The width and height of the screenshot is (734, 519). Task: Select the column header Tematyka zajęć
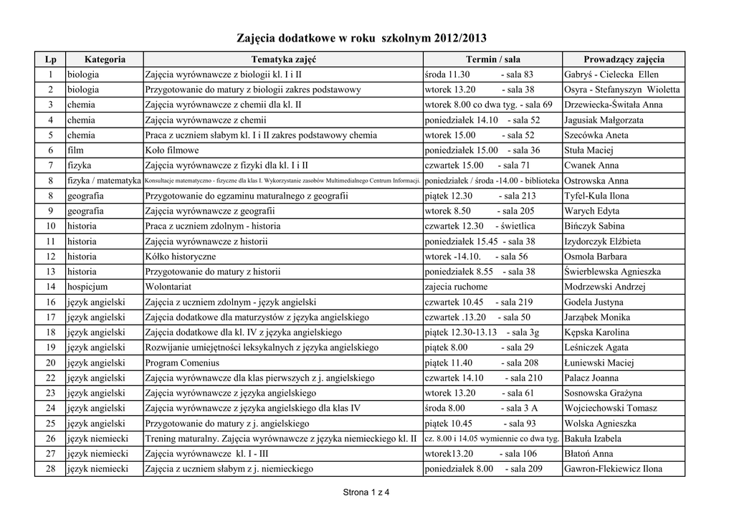[283, 59]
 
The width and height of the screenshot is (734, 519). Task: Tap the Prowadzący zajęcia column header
[624, 59]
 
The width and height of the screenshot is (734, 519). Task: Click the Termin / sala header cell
[492, 59]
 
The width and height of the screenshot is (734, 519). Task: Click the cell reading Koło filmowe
[172, 151]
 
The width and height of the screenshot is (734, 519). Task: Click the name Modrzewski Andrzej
[605, 287]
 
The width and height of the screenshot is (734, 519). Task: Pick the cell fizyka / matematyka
[104, 181]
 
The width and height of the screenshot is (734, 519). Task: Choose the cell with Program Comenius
[181, 363]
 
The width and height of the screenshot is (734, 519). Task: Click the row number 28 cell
[50, 469]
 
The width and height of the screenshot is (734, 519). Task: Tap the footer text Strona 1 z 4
[366, 492]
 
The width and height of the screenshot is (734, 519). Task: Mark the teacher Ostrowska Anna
[596, 181]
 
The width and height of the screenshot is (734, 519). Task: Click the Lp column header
[50, 59]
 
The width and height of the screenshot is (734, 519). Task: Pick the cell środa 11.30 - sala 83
[479, 75]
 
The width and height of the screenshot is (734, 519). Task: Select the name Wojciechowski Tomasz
[610, 408]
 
